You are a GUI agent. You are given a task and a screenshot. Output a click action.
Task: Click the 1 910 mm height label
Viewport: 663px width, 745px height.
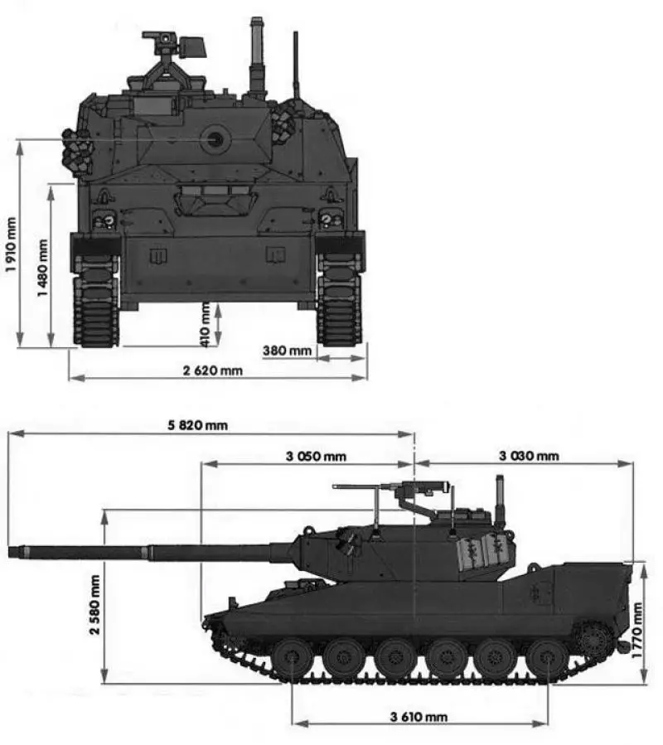click(11, 244)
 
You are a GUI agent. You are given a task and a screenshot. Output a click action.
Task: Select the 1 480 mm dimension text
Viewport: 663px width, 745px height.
click(43, 268)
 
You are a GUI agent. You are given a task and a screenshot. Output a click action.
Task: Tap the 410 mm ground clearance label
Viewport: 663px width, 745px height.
click(206, 325)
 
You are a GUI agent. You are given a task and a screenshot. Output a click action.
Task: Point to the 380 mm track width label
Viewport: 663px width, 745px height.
click(287, 351)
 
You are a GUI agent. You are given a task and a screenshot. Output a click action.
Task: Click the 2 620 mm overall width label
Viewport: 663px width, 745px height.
click(212, 370)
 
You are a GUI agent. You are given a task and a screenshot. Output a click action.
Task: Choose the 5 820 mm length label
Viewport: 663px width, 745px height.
click(197, 425)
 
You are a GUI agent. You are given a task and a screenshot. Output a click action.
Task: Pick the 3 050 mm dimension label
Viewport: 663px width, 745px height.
click(316, 456)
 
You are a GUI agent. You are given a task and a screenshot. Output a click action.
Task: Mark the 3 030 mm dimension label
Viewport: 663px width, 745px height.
click(529, 456)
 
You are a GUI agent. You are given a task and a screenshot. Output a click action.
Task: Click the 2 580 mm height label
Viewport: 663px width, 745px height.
click(94, 604)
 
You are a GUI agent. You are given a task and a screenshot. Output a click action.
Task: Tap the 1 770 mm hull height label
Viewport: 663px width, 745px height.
click(637, 631)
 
